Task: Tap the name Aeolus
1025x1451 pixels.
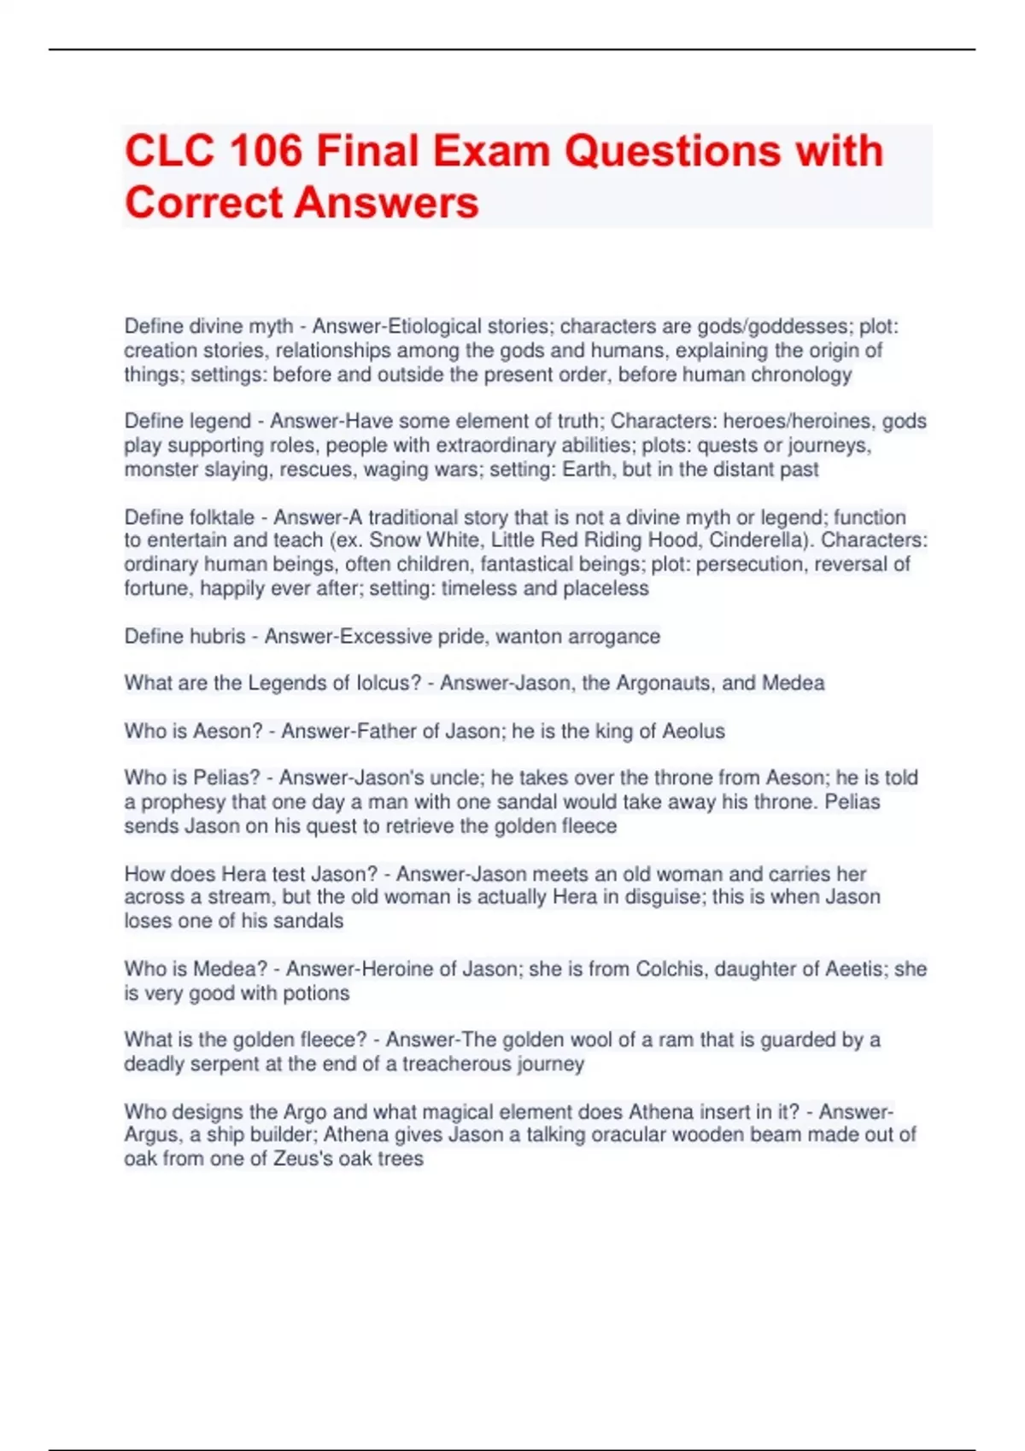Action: pyautogui.click(x=694, y=731)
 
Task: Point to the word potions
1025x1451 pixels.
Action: pyautogui.click(x=318, y=993)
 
